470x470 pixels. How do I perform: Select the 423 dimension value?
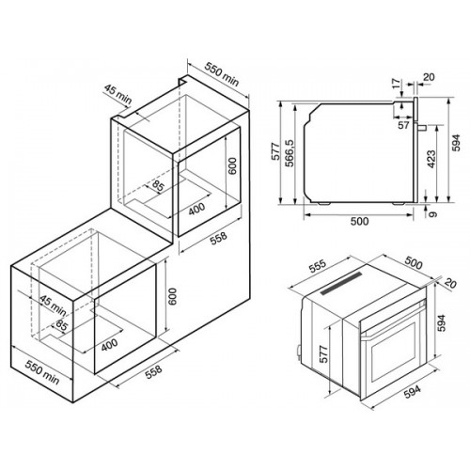pyautogui.click(x=431, y=159)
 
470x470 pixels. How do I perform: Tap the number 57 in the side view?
pyautogui.click(x=403, y=125)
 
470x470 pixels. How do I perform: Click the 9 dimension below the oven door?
pyautogui.click(x=432, y=214)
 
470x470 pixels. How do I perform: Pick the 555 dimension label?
pyautogui.click(x=318, y=266)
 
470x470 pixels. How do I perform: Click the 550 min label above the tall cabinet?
pyautogui.click(x=222, y=74)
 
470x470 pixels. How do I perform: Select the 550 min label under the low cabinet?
pyautogui.click(x=42, y=372)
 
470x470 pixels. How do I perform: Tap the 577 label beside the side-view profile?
pyautogui.click(x=274, y=151)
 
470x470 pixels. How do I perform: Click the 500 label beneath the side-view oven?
pyautogui.click(x=359, y=221)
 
